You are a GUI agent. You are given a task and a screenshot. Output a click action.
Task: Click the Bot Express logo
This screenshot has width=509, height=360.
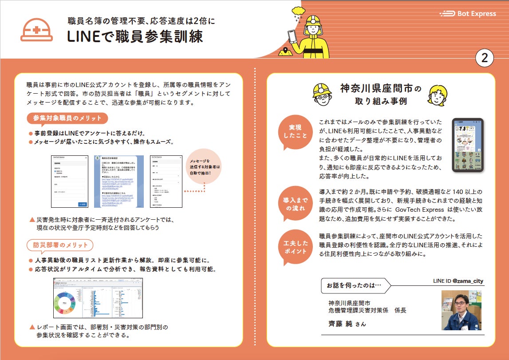tap(468, 14)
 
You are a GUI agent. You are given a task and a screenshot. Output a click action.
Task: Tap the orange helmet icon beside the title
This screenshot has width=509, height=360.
tap(37, 30)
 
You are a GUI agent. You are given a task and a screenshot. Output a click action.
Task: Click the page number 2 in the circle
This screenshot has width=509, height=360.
tap(485, 58)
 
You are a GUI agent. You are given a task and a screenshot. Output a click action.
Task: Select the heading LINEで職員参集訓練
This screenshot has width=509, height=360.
tap(135, 36)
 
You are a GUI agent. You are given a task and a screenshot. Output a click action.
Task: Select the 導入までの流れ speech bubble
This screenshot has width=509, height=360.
tap(295, 204)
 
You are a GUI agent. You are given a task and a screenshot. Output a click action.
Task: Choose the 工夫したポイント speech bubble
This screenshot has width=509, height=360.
tap(295, 247)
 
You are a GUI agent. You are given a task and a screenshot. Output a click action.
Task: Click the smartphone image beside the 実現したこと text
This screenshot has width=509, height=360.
tap(467, 145)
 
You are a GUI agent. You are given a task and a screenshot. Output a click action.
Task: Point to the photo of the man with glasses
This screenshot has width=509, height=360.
tap(462, 310)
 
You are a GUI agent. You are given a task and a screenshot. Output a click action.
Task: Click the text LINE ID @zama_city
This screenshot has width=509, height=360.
tap(458, 281)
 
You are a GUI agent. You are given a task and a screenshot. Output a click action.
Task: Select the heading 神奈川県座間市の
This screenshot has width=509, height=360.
tap(380, 89)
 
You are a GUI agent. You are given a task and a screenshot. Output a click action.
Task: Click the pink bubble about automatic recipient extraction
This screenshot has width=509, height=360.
tap(205, 167)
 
